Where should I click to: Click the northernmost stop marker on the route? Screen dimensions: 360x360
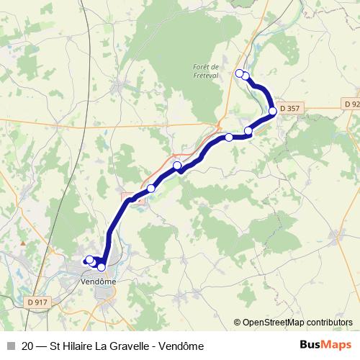[x=240, y=73]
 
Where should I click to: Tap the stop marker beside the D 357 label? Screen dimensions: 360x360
[x=273, y=111]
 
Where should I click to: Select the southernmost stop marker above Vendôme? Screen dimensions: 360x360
[x=101, y=267]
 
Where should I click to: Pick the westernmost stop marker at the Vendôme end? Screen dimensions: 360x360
[x=89, y=260]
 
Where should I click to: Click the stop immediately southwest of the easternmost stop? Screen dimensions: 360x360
[x=248, y=131]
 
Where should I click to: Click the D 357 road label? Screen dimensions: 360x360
[x=290, y=109]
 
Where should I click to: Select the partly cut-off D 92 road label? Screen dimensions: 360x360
[x=351, y=104]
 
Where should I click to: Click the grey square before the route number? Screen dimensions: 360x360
[x=11, y=346]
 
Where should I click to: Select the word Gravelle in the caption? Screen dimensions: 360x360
[x=136, y=346]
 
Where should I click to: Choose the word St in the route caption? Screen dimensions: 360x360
[x=55, y=346]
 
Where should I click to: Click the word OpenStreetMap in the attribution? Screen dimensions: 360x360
[x=273, y=323]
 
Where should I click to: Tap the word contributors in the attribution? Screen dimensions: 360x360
[x=328, y=323]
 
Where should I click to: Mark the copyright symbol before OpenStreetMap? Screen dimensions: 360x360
[x=237, y=323]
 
